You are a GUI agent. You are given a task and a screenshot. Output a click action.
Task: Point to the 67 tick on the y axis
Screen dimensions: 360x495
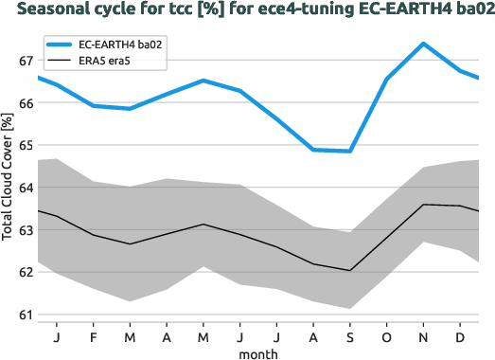point(25,61)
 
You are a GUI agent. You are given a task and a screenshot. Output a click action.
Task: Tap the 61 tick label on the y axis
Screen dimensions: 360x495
point(25,315)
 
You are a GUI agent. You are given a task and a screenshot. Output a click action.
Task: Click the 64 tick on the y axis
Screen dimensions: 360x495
point(25,188)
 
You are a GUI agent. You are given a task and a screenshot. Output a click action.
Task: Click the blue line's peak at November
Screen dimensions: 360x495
point(423,44)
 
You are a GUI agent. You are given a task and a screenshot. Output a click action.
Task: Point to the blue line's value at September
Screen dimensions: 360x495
point(350,151)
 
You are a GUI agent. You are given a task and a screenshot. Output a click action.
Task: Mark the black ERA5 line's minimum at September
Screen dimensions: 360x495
point(350,271)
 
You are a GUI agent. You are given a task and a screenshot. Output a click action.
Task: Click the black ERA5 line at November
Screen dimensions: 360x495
point(423,205)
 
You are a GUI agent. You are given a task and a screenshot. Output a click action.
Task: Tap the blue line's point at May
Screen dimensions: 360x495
point(203,81)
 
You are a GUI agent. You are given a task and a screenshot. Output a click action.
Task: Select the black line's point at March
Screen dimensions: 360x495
point(130,244)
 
